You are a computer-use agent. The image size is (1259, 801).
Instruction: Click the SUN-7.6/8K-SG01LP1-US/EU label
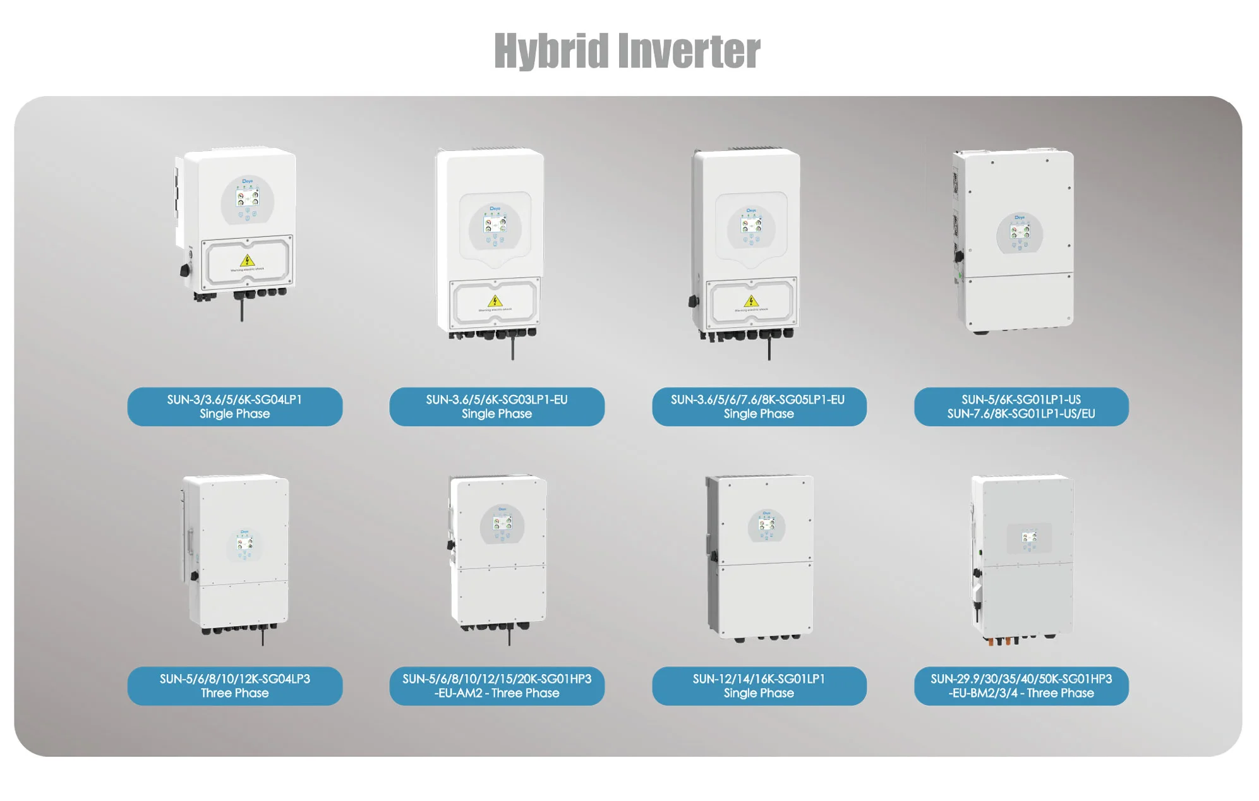click(x=1021, y=414)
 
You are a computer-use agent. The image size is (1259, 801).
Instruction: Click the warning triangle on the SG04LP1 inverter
click(x=248, y=260)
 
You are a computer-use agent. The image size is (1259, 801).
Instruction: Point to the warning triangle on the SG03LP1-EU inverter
click(x=495, y=301)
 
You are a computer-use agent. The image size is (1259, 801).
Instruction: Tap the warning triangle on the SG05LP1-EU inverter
click(x=751, y=301)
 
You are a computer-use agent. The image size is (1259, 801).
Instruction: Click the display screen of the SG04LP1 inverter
click(x=247, y=198)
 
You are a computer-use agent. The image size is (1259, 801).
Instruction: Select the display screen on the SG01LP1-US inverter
click(x=1020, y=232)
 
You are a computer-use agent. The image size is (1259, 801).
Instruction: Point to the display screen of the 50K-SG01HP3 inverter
click(x=1029, y=538)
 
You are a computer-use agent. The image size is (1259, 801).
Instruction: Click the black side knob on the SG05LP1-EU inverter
click(x=693, y=301)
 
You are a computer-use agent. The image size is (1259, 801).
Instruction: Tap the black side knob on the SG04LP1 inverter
click(x=184, y=270)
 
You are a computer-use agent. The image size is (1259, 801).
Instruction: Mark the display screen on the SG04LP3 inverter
click(x=244, y=544)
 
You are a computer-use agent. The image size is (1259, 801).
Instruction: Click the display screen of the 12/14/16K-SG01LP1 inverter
click(x=766, y=525)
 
